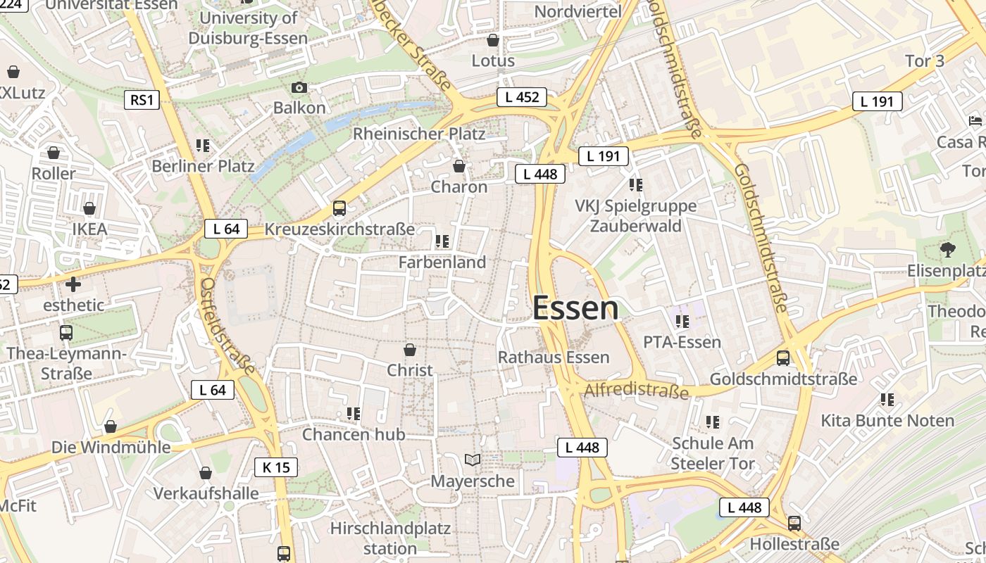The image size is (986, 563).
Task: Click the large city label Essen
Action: click(575, 308)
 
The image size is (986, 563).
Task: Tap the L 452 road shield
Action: click(522, 97)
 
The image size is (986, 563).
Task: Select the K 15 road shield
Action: click(276, 467)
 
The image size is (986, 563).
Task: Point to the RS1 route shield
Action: click(142, 100)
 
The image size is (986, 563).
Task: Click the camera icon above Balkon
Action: click(299, 88)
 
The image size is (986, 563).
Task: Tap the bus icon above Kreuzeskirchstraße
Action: click(339, 208)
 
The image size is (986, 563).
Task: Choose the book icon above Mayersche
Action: click(473, 460)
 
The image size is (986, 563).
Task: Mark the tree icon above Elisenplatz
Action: click(948, 248)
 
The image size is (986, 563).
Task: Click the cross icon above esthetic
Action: click(73, 284)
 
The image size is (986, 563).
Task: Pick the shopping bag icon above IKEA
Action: click(89, 209)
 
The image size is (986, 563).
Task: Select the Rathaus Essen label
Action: click(554, 358)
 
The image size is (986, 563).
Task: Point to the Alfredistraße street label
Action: click(636, 389)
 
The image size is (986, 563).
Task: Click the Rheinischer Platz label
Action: click(419, 133)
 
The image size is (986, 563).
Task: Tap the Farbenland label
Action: click(442, 262)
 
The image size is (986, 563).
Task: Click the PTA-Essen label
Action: click(682, 342)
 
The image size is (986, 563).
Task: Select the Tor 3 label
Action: click(925, 61)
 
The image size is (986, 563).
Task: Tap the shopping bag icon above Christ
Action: click(410, 350)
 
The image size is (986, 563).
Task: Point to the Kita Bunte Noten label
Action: click(887, 421)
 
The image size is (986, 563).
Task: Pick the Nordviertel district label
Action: click(578, 11)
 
